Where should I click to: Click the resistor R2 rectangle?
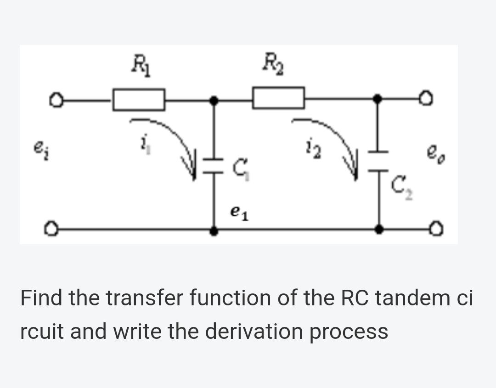pos(278,98)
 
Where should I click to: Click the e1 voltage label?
pos(239,212)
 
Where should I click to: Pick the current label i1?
pos(143,148)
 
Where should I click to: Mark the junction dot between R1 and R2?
pos(214,99)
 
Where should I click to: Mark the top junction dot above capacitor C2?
pos(378,98)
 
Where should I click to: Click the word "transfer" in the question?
pos(155,298)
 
